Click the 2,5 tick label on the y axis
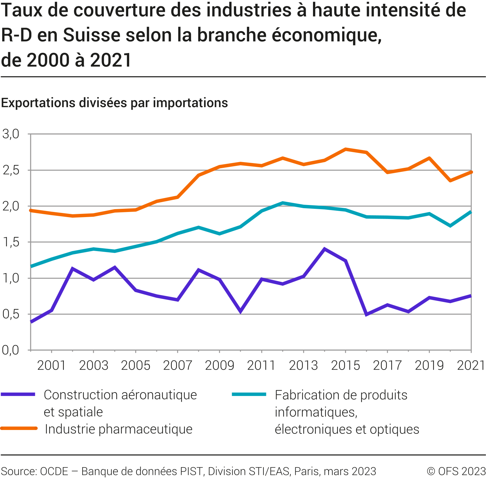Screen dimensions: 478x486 tap(11, 170)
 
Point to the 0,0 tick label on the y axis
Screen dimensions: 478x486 tap(11, 350)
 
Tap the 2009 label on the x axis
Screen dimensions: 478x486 tap(219, 365)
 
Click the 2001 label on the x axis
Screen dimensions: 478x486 tap(51, 365)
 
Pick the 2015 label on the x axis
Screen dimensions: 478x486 tap(345, 365)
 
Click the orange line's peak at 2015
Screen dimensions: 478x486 tap(345, 149)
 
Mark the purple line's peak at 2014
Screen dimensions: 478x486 tap(324, 249)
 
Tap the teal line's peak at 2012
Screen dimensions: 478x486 tap(283, 203)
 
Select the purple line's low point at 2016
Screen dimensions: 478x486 tap(366, 315)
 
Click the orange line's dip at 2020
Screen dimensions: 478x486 tap(450, 181)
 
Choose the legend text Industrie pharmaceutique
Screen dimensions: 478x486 tap(119, 429)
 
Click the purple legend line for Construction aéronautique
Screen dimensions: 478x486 tap(18, 394)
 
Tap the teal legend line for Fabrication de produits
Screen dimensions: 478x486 tap(249, 394)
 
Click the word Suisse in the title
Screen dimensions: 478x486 tap(92, 35)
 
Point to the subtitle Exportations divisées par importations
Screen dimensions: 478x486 tap(114, 103)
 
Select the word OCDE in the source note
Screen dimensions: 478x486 tap(54, 471)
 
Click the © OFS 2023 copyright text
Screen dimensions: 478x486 tap(456, 471)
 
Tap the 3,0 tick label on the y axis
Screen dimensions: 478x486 tap(11, 134)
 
